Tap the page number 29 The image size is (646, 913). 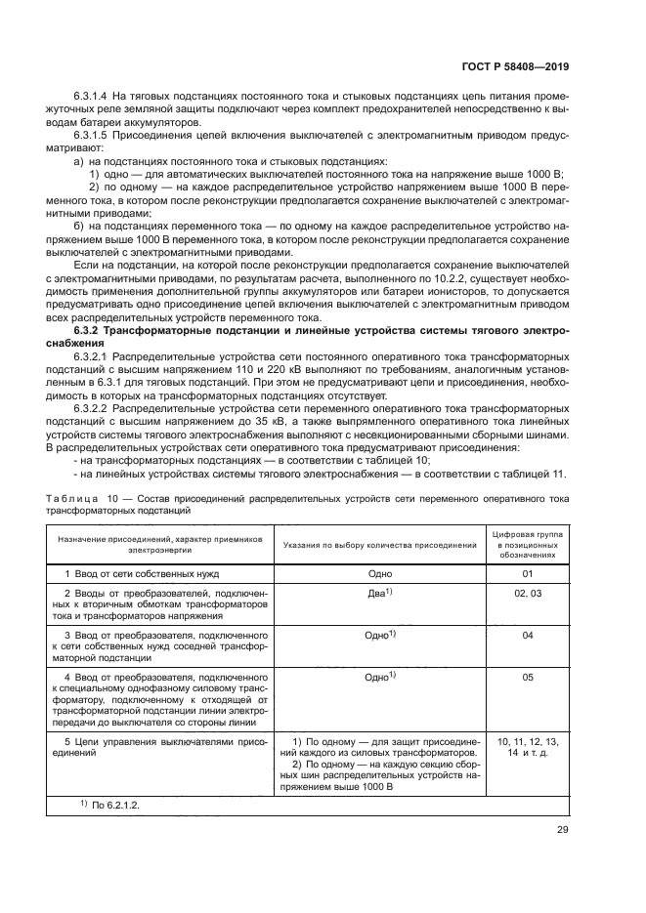click(x=563, y=830)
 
